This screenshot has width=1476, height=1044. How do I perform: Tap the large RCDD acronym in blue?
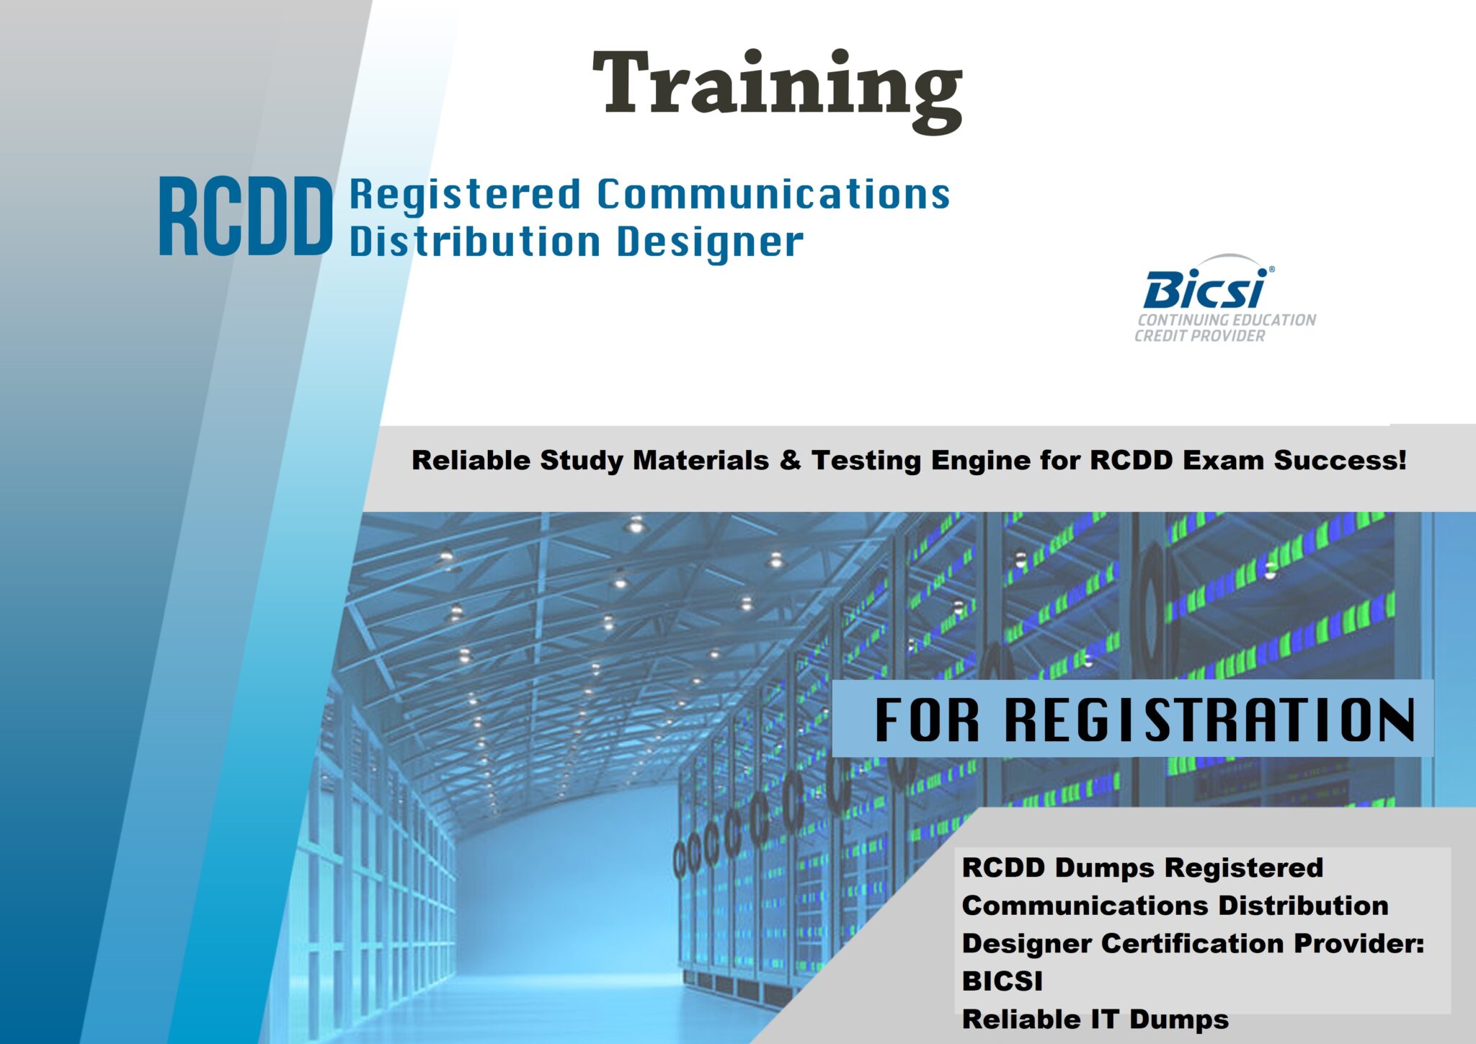click(246, 216)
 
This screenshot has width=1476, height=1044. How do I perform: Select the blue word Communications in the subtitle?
click(774, 194)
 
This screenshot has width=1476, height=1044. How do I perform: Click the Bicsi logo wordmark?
click(1205, 288)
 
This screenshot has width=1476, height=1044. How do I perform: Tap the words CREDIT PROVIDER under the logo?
click(1200, 336)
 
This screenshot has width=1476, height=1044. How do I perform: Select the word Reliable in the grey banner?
click(471, 460)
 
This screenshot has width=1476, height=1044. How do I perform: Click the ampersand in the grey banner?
click(790, 460)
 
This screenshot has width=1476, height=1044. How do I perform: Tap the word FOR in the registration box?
click(928, 719)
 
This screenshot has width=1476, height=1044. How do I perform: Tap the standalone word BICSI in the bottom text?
click(1002, 981)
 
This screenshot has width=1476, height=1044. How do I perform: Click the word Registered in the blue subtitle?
click(465, 195)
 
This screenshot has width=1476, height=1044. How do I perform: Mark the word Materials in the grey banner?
click(700, 460)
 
